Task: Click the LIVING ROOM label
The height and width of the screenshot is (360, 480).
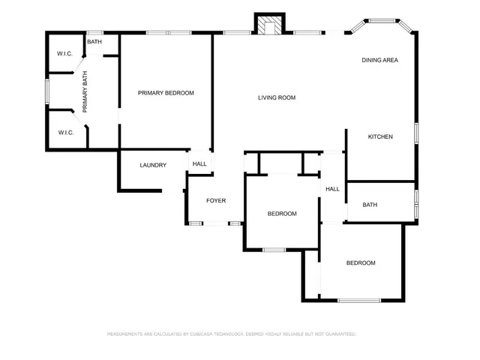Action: coord(277,97)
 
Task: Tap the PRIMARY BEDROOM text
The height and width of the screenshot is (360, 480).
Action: coord(166,93)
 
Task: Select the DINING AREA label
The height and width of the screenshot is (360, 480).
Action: coord(379,60)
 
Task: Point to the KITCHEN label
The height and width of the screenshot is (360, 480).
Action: coord(380,136)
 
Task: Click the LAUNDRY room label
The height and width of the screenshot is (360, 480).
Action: coord(153,165)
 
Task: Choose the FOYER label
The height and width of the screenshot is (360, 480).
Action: coord(216,200)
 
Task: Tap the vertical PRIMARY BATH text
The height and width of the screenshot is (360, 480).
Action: coord(85,91)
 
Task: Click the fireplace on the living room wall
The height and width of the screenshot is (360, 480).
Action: coord(269,25)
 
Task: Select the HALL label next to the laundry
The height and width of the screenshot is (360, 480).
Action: coord(199,164)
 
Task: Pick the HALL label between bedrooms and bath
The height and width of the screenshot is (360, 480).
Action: coord(332,189)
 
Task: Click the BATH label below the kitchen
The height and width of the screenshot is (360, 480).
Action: coord(370,205)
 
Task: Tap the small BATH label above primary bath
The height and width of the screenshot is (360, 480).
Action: coord(94,42)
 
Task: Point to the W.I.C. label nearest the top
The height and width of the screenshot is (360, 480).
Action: coord(65,54)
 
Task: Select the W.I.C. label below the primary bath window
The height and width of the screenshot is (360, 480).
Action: coord(65,133)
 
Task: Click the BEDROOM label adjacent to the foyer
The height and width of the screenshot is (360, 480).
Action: coord(282,214)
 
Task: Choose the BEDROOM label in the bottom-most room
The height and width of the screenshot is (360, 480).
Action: coord(360,262)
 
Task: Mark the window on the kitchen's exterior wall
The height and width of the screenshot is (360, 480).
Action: coord(416,133)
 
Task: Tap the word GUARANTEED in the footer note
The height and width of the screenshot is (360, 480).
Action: coord(338,333)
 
